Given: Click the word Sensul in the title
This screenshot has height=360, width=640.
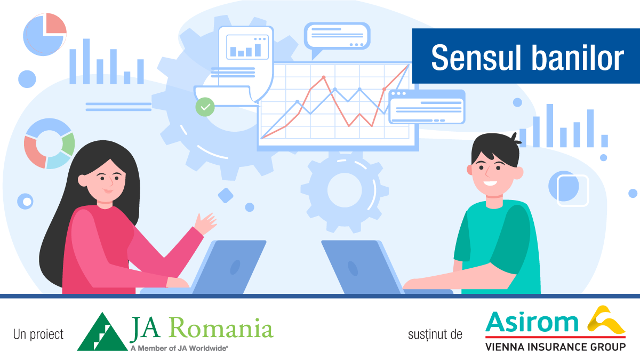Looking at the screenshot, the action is [476, 58].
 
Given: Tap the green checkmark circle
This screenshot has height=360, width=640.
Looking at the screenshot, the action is [205, 107].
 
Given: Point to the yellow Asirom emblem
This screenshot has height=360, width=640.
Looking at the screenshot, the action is [606, 319].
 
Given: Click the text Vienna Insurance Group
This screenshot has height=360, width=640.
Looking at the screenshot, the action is [555, 347].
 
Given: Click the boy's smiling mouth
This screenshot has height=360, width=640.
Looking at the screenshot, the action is [490, 183].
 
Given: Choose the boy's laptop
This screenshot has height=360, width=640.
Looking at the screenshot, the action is [380, 267].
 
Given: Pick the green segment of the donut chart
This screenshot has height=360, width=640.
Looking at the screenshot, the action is [69, 145].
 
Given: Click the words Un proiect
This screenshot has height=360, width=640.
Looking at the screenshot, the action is [38, 334].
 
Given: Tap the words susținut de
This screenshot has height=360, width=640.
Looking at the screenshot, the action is [435, 334].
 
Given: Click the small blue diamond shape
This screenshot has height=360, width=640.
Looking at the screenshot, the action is [226, 195].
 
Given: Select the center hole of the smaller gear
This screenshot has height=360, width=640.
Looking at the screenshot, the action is [345, 190].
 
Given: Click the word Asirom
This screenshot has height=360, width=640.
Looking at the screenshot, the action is [532, 322].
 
